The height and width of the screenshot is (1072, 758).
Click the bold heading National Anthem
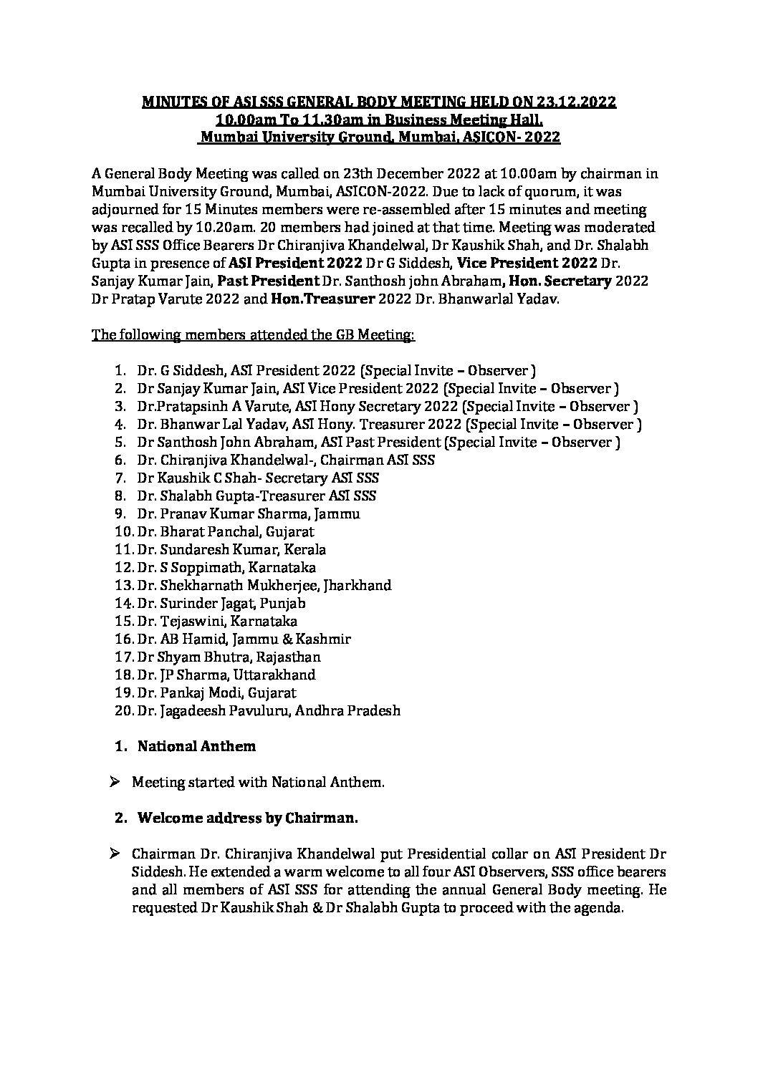[196, 746]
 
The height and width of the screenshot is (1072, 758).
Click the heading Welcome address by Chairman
[247, 818]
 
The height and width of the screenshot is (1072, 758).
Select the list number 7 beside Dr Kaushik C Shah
[120, 478]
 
